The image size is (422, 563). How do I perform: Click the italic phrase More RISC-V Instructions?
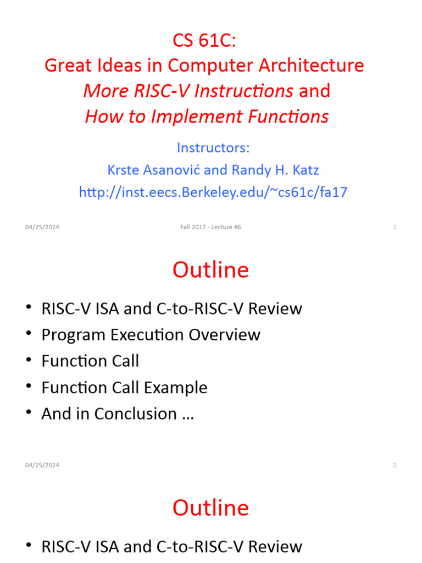[188, 91]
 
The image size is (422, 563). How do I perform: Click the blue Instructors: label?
[213, 148]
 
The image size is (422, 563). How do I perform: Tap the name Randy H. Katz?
[275, 170]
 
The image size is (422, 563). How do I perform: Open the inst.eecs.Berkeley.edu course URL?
[213, 192]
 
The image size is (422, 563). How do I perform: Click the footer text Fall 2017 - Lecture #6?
[210, 228]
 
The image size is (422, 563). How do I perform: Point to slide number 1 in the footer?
[395, 228]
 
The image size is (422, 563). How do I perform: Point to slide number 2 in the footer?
[395, 465]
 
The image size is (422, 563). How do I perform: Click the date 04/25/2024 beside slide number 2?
[42, 465]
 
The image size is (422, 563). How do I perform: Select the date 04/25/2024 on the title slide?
[42, 228]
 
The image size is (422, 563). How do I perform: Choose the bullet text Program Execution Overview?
[151, 335]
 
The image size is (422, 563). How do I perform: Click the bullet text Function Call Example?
[124, 388]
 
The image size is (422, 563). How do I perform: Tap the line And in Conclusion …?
[118, 414]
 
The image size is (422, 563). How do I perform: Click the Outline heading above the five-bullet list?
[210, 270]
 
